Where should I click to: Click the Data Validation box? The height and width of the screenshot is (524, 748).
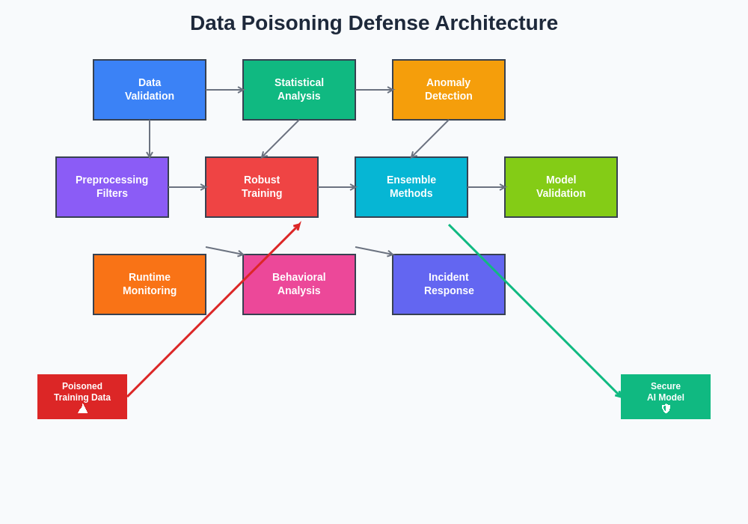point(150,90)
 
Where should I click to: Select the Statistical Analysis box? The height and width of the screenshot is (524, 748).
point(299,90)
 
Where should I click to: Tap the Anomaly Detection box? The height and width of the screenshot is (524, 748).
point(449,90)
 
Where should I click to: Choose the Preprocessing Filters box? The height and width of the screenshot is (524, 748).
point(112,187)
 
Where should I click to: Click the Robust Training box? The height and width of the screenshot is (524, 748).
point(262,187)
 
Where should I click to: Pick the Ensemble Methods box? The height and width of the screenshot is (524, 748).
point(411,187)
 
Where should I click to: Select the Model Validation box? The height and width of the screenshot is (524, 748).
point(561,187)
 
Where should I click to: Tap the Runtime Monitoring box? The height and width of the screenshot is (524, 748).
point(150,284)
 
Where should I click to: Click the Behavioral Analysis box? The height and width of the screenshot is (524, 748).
point(299,284)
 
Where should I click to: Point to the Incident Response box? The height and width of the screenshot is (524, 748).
point(449,284)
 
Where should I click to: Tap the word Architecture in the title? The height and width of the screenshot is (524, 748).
point(496,23)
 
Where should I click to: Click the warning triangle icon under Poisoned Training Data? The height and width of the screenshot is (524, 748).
point(82,409)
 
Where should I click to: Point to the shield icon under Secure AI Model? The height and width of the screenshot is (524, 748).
point(666,409)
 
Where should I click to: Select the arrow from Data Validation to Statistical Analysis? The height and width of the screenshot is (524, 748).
point(224,90)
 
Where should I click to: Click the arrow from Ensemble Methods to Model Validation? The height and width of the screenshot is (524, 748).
point(486,187)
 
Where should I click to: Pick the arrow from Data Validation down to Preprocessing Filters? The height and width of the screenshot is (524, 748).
point(150,138)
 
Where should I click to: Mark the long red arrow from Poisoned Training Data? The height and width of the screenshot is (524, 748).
point(213,311)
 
